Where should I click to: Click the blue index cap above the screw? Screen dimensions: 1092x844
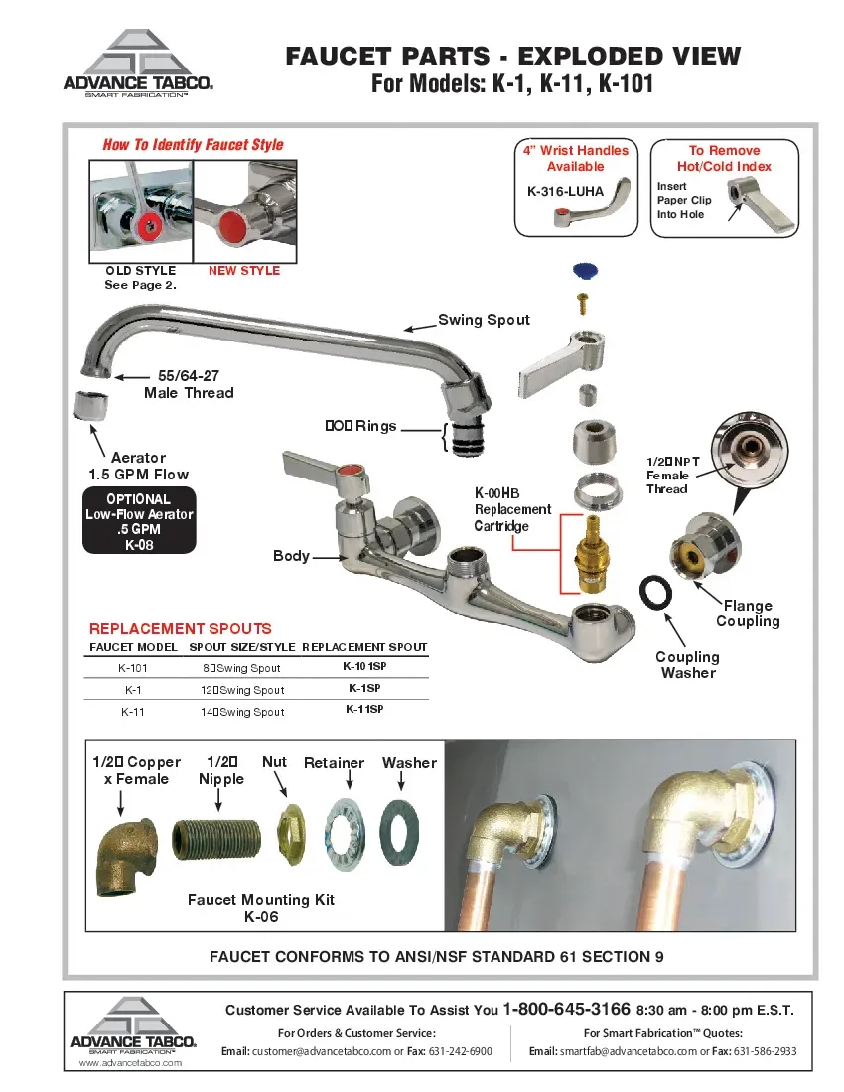coord(586,271)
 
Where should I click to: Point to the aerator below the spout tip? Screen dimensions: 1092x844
coord(90,406)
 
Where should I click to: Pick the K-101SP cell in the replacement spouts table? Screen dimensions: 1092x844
coord(364,668)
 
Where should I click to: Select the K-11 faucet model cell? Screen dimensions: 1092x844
coord(133,712)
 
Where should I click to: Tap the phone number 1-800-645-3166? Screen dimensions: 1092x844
coord(566,1009)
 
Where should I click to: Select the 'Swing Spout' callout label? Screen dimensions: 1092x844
coord(484,320)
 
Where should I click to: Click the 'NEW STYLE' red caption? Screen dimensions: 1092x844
coord(244,271)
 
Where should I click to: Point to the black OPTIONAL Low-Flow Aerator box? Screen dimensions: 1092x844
coord(139,521)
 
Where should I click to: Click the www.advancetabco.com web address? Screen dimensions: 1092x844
coord(130,1063)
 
